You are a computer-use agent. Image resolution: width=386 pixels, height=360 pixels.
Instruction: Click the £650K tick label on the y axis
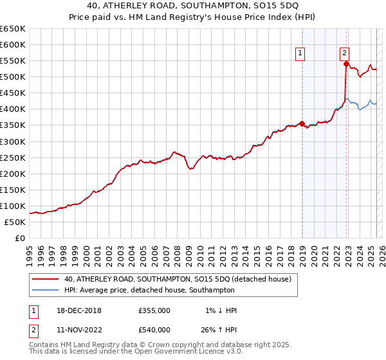coord(13,29)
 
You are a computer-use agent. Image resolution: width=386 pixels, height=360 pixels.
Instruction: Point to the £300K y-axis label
coord(13,141)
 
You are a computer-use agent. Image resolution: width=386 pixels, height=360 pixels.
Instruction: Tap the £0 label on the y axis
coord(20,238)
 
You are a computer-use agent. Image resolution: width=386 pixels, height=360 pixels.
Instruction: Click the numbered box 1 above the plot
coord(300,54)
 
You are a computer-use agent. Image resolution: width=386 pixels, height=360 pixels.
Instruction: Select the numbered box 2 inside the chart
coord(345,54)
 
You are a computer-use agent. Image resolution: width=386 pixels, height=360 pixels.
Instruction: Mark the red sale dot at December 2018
coord(302,123)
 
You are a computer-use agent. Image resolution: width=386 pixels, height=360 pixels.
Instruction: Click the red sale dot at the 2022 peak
coord(346,64)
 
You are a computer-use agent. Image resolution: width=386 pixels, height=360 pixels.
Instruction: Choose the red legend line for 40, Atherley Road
coord(46,279)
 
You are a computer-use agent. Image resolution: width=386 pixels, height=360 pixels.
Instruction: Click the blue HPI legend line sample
coord(46,290)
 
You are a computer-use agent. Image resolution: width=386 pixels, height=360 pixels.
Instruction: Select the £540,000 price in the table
coord(154,330)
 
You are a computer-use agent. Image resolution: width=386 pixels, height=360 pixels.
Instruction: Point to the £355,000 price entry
coord(154,310)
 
